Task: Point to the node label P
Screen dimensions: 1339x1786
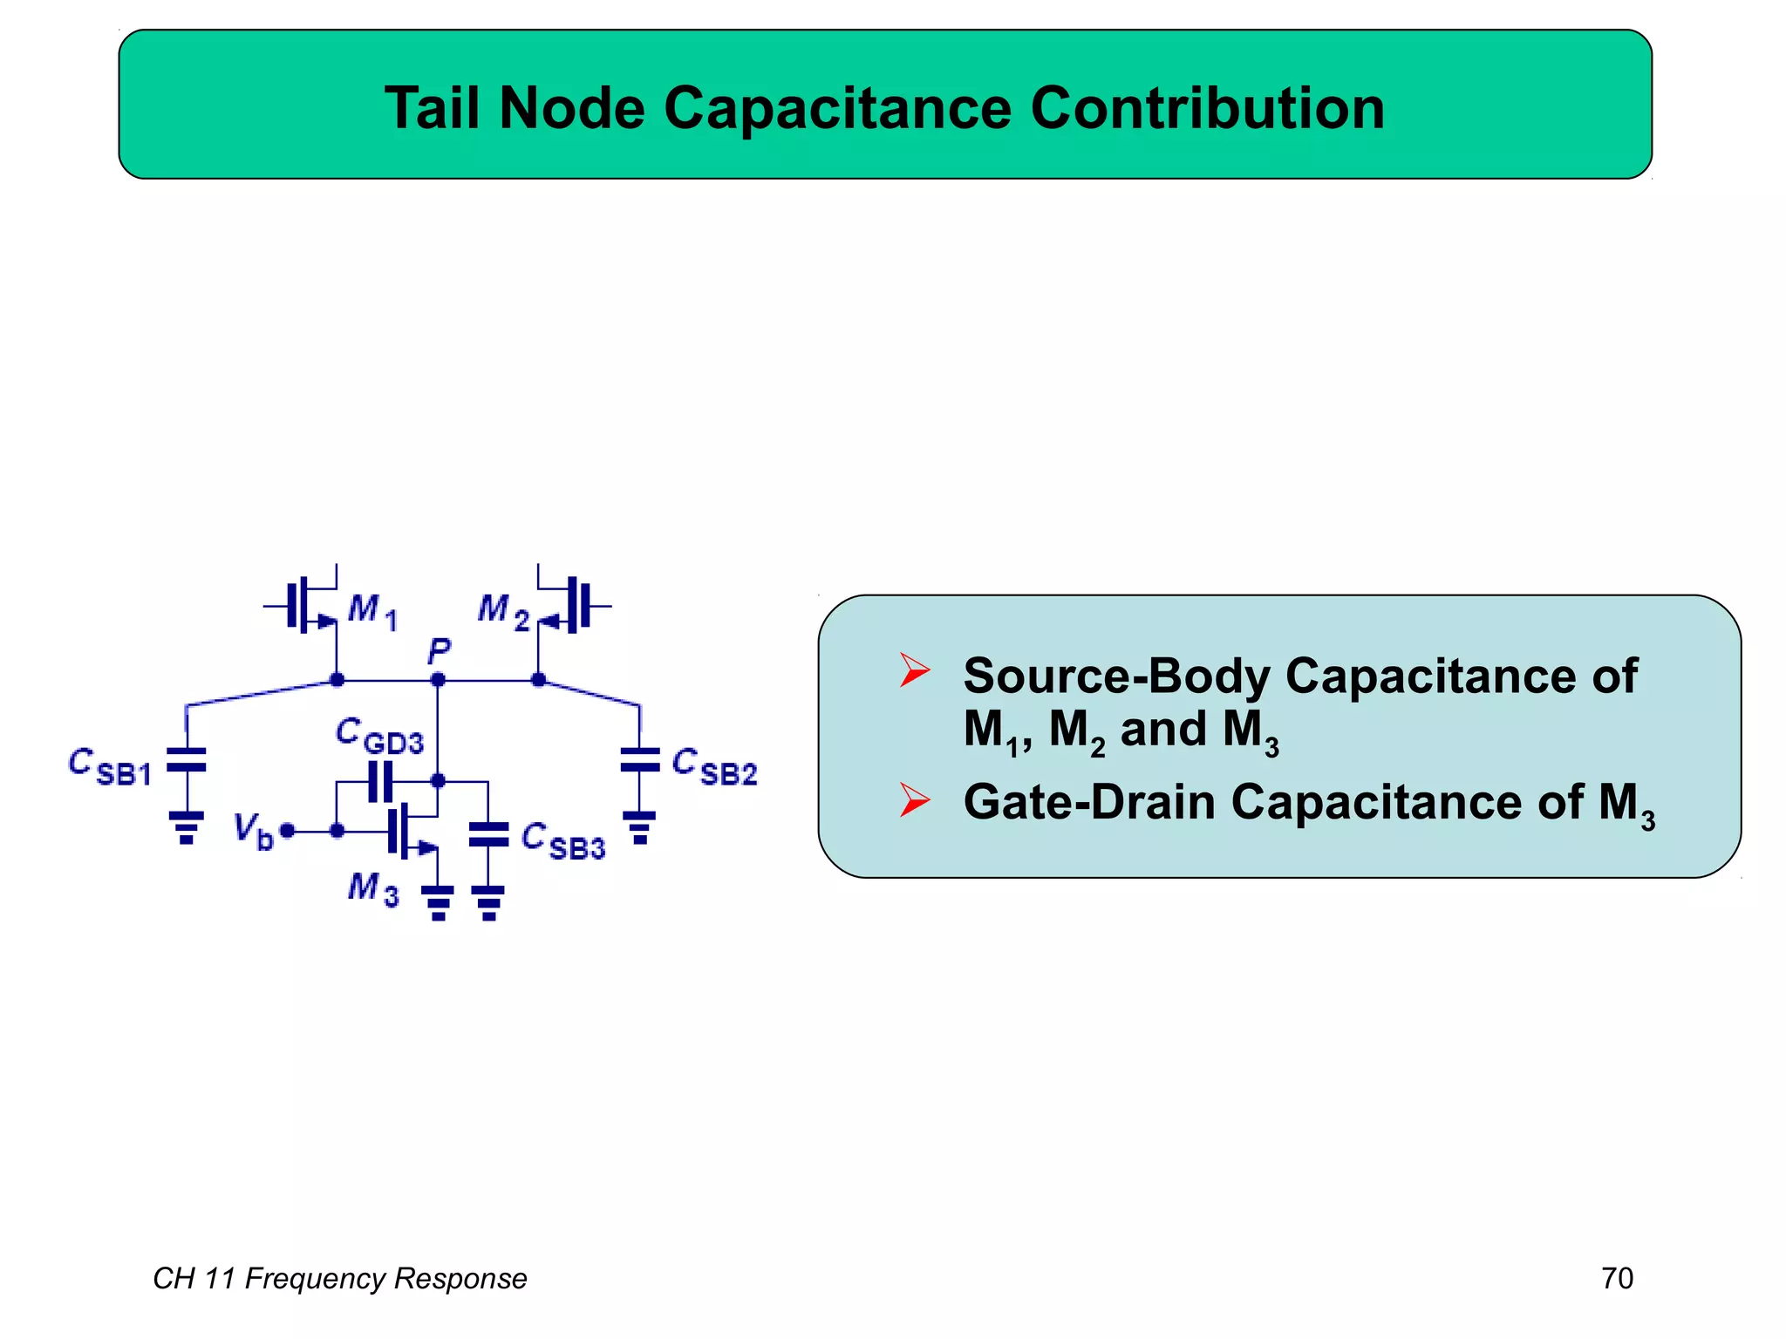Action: [x=439, y=650]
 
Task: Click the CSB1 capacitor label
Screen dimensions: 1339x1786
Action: [x=110, y=766]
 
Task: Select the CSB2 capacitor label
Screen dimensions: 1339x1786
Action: [x=714, y=766]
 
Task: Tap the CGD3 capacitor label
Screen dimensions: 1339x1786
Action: [x=379, y=736]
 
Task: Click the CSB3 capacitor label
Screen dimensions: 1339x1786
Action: [x=562, y=841]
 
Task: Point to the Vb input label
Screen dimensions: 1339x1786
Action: [x=253, y=830]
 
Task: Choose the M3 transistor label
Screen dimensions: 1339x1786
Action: [x=373, y=889]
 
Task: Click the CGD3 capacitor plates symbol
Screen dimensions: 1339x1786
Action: [x=380, y=781]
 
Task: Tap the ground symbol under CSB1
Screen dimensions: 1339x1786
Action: [x=186, y=827]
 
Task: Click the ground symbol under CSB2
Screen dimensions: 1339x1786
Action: [x=640, y=827]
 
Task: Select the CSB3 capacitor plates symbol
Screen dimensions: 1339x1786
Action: [x=488, y=834]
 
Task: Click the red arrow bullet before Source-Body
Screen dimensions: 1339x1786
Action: [x=915, y=670]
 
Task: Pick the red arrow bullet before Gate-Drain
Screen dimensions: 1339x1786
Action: [x=915, y=799]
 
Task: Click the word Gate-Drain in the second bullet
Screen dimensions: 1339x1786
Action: [x=1089, y=801]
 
